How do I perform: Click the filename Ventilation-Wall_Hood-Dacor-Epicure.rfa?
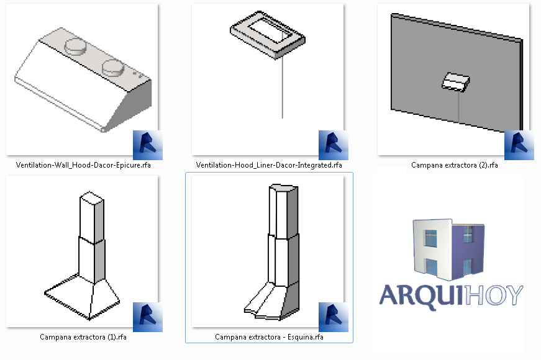(x=83, y=166)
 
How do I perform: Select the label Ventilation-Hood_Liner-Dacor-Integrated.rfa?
(x=269, y=166)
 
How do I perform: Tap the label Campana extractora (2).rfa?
(x=454, y=166)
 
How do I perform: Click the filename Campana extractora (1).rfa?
(x=83, y=338)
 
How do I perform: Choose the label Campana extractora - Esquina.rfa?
(x=269, y=338)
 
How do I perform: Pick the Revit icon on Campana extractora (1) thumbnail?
(x=148, y=317)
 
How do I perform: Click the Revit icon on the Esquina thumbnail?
(x=334, y=317)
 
